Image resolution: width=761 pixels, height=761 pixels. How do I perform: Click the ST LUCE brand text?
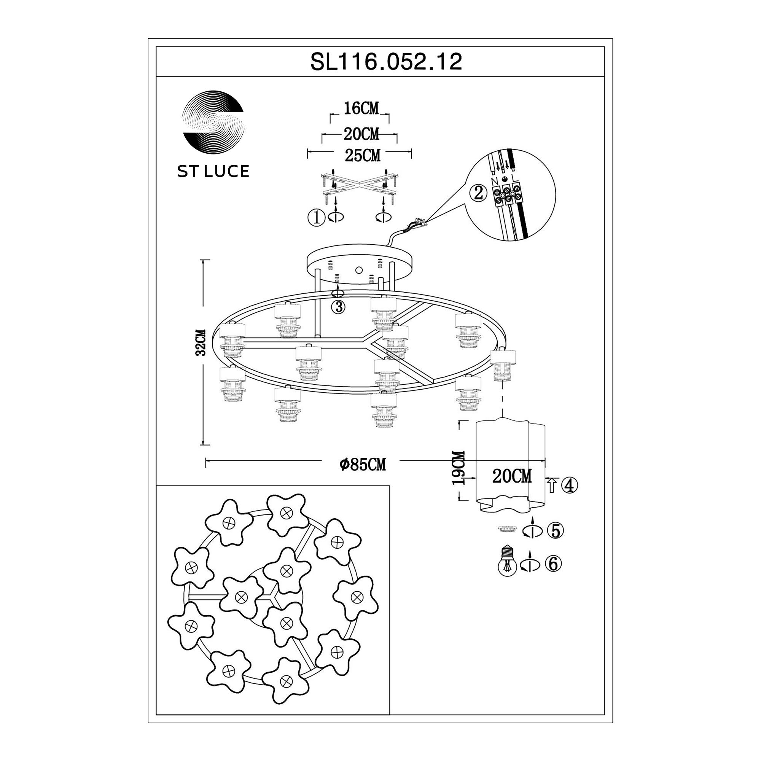(x=213, y=171)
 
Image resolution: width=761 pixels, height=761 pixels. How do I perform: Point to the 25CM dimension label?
(x=362, y=156)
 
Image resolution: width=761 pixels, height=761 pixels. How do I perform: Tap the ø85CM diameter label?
(x=363, y=465)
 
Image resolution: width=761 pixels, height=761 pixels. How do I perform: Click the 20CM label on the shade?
(x=512, y=477)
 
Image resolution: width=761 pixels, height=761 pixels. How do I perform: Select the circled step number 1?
(x=315, y=218)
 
